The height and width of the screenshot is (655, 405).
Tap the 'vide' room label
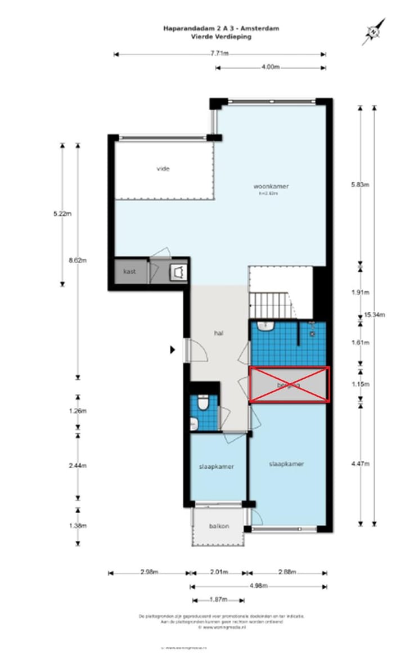point(163,168)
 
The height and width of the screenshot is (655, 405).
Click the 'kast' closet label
point(130,272)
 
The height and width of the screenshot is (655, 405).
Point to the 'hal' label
point(219,333)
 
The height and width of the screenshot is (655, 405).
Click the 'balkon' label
point(219,526)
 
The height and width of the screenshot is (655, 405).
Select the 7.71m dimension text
point(219,54)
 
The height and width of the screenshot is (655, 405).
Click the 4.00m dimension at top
point(271,67)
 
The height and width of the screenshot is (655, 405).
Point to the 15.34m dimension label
point(375,315)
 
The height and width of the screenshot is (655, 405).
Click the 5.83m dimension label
point(359,183)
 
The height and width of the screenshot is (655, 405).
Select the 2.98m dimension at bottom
point(149,573)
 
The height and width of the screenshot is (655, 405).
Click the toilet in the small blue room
point(204,403)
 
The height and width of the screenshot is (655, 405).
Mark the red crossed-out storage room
point(289,385)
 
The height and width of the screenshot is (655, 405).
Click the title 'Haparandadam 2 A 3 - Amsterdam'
point(220,28)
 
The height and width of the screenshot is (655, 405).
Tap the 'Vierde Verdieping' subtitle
point(220,35)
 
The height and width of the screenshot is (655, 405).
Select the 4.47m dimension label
point(359,464)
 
